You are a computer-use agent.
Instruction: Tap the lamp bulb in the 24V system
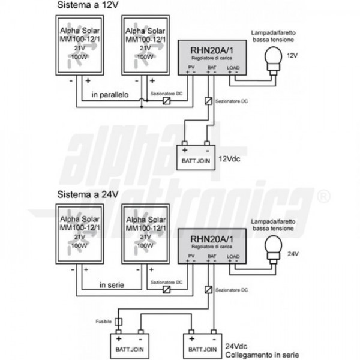[x=274, y=248]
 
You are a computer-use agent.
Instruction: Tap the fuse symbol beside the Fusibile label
[x=118, y=322]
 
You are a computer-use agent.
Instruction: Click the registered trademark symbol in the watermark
[x=323, y=196]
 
